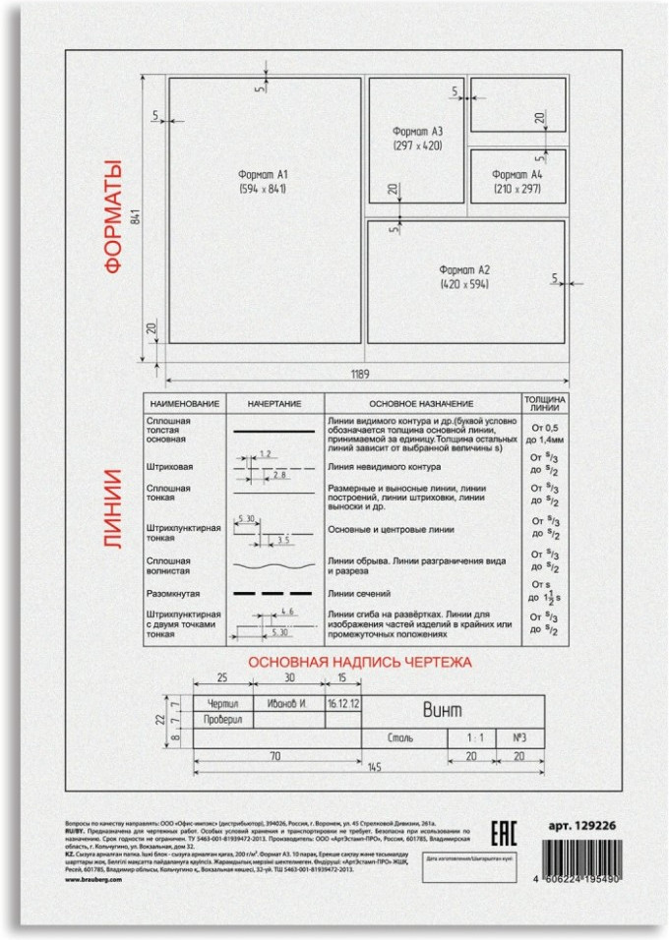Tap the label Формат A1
[x=262, y=173]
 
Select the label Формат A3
[x=417, y=132]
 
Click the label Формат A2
[x=465, y=270]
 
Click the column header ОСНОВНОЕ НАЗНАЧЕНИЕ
[x=422, y=404]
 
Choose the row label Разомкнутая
[x=173, y=593]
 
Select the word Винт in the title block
[x=442, y=710]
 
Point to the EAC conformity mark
[x=502, y=833]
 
